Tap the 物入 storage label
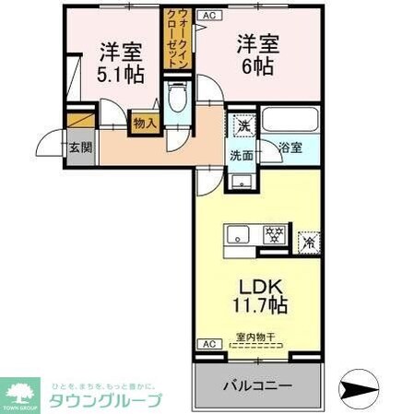tap(144, 122)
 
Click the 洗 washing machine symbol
tap(242, 124)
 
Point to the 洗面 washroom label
tap(242, 155)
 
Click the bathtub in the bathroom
tap(290, 120)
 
